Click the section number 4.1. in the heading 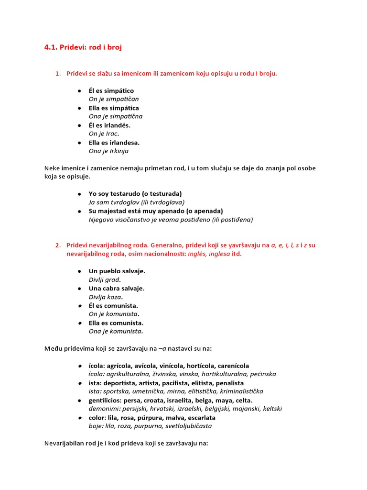tap(51, 48)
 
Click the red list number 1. tap(58, 74)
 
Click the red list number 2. tap(58, 245)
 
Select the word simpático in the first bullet tap(119, 91)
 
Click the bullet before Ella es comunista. tap(79, 323)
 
